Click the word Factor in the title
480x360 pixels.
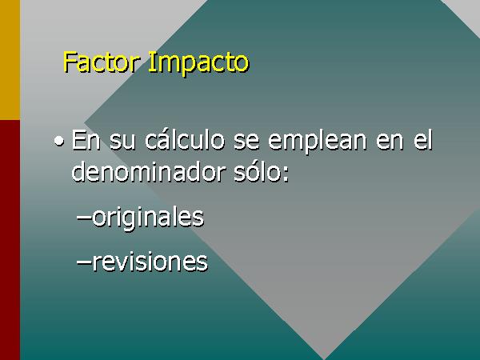click(101, 62)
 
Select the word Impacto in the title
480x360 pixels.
click(198, 64)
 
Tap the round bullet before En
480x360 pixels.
click(59, 141)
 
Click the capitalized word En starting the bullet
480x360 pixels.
click(86, 140)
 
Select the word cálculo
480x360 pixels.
click(185, 139)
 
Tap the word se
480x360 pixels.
click(246, 142)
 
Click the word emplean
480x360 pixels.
click(317, 142)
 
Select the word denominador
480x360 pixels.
click(148, 171)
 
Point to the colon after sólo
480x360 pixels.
click(286, 174)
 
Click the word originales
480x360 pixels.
click(148, 218)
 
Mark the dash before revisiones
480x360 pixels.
click(84, 263)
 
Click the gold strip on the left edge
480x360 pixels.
click(10, 60)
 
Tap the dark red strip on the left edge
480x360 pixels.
click(10, 240)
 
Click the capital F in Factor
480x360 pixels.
click(70, 62)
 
